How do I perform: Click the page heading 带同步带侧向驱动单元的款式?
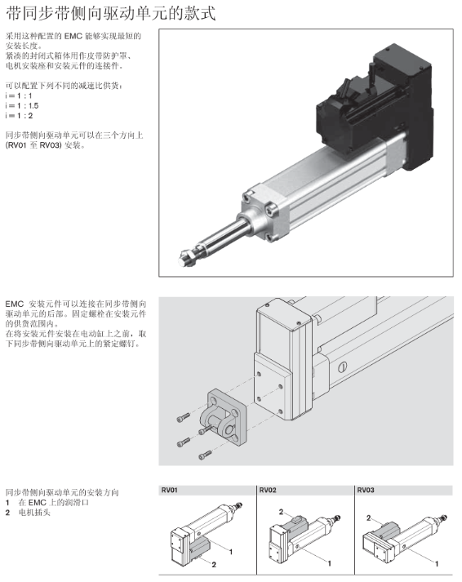(110, 13)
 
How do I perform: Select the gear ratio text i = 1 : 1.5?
(22, 106)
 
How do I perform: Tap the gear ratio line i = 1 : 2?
(19, 116)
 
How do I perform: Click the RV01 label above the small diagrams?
(169, 491)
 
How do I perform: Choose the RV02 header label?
(268, 491)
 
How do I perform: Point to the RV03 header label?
(366, 491)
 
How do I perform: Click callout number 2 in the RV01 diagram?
(214, 565)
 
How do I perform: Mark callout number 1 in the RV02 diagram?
(329, 563)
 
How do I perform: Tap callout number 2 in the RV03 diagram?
(368, 518)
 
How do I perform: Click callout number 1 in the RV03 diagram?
(437, 563)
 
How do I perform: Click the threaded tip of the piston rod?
(188, 257)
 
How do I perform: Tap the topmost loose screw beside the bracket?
(184, 418)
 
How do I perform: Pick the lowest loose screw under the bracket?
(205, 455)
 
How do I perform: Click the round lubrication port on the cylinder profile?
(342, 367)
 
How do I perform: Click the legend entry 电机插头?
(34, 513)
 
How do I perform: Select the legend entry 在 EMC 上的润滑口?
(53, 503)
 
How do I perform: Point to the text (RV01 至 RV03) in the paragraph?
(33, 145)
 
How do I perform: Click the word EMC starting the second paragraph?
(15, 304)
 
